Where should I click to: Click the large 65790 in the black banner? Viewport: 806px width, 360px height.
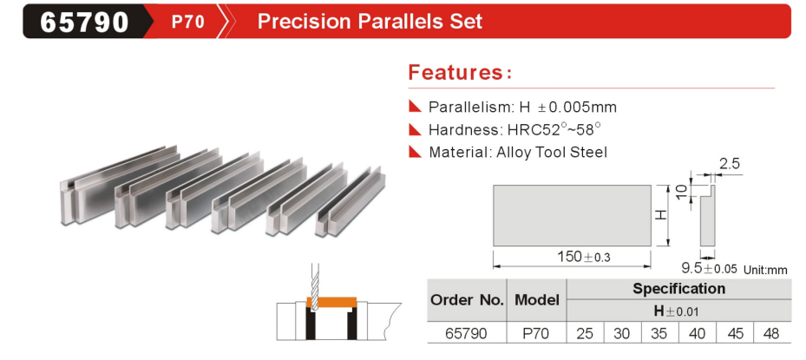pos(84,22)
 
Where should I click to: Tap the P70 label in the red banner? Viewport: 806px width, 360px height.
pos(188,22)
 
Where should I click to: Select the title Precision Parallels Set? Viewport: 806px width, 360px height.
pos(370,21)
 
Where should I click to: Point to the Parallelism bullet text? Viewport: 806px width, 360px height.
pos(522,107)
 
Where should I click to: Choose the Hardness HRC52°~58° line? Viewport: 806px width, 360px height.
pos(514,129)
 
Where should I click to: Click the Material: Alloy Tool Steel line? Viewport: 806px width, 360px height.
pos(518,152)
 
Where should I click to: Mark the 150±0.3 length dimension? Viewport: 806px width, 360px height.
pos(585,257)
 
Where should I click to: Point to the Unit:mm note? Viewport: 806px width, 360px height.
pos(765,270)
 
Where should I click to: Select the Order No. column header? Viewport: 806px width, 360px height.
pos(468,300)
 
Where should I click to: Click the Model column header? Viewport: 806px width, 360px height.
pos(537,300)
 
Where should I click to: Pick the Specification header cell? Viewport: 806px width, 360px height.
pos(678,289)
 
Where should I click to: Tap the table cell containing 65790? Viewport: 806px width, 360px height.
pos(468,333)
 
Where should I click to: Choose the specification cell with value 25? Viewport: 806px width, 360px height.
pos(585,333)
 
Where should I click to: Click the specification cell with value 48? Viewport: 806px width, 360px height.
pos(771,333)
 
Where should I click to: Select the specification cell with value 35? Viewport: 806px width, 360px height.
pos(659,333)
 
